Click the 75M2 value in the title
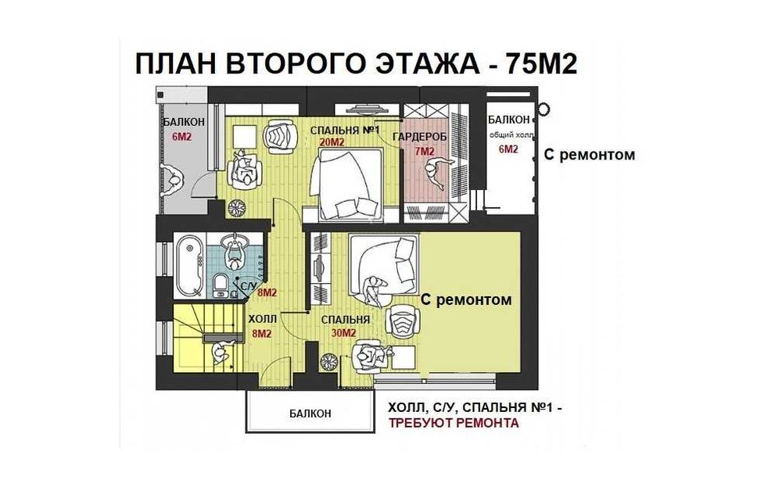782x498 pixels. [x=541, y=64]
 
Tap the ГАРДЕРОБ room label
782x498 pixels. [x=419, y=137]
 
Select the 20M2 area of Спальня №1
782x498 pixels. [x=332, y=142]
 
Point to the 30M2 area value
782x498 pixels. [x=343, y=332]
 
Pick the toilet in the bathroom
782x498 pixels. [x=220, y=284]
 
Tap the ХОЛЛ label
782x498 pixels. [x=262, y=320]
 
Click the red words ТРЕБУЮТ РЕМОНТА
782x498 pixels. [x=454, y=423]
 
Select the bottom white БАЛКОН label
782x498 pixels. [x=310, y=414]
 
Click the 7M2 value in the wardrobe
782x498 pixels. [x=425, y=151]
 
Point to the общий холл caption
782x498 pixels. [x=511, y=134]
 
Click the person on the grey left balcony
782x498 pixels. [x=173, y=181]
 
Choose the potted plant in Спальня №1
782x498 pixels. [x=236, y=209]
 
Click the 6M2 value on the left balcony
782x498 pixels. [x=181, y=137]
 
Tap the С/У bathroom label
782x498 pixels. [x=248, y=286]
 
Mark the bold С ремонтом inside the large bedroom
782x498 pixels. [x=466, y=299]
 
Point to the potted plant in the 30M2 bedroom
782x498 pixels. [x=330, y=362]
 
